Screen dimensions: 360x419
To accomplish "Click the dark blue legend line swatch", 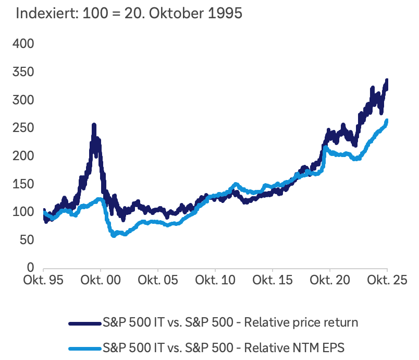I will point(84,322).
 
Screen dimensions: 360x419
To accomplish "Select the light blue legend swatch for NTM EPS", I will point(84,345).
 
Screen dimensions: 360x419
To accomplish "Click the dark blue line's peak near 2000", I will point(94,125).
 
